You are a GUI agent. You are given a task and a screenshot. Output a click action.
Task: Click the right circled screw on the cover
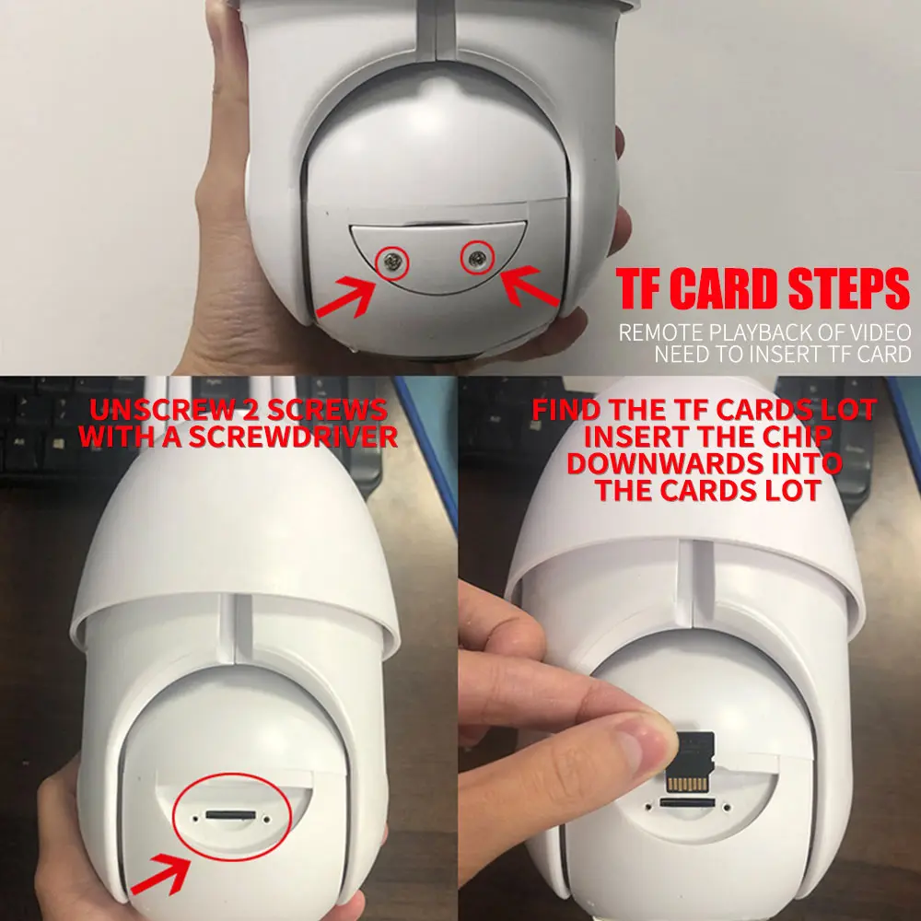(477, 261)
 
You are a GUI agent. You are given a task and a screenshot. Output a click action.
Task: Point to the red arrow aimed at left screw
(345, 297)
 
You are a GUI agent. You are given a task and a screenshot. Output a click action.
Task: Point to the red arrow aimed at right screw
(530, 287)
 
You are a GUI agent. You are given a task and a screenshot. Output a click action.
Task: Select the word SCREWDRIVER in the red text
(294, 437)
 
